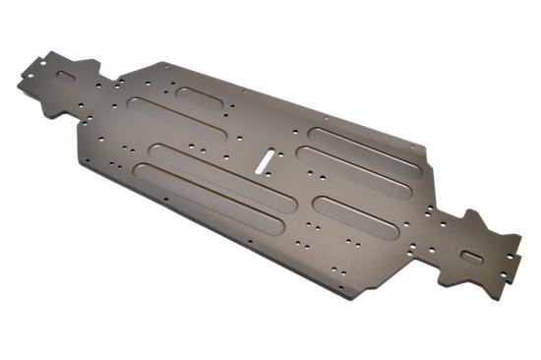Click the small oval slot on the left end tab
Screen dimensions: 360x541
pos(65,75)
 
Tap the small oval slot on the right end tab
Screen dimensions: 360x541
pos(473,255)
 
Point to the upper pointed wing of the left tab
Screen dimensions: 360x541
pos(90,65)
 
